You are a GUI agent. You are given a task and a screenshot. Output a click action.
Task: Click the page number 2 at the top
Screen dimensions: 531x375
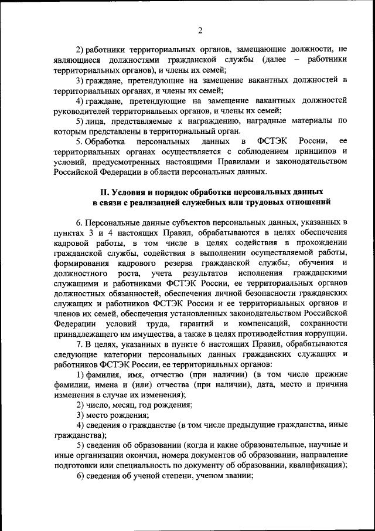[x=199, y=31]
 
